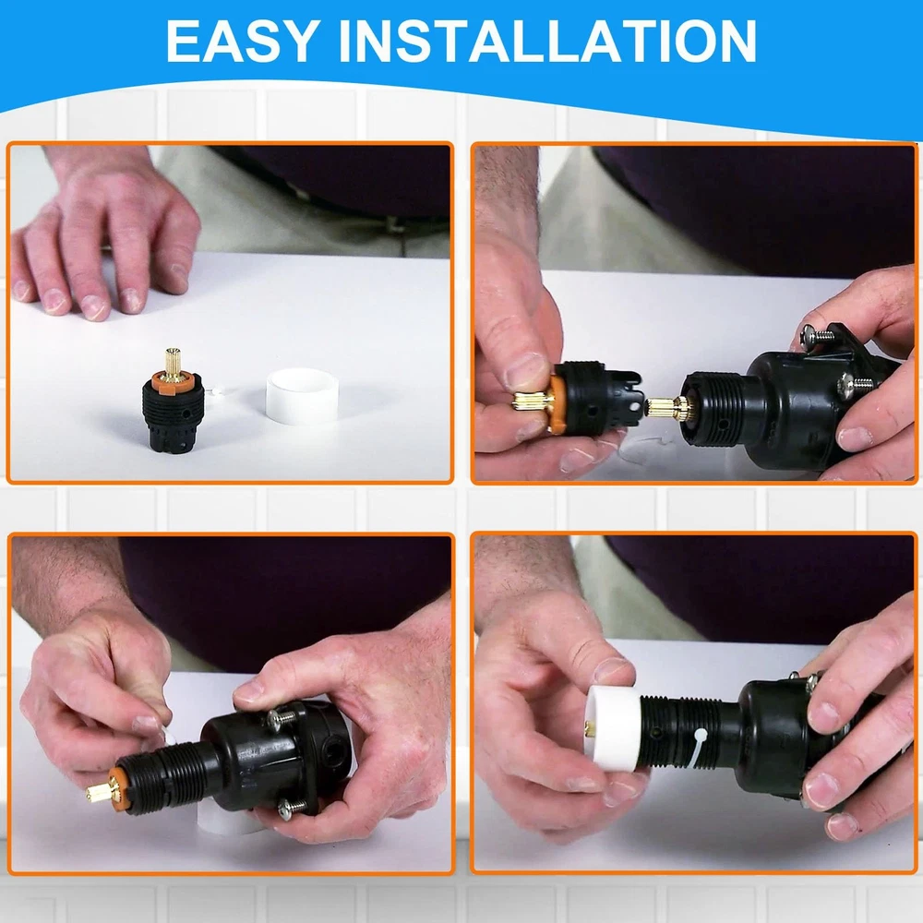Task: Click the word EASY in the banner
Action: pyautogui.click(x=243, y=41)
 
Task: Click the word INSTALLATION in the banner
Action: pyautogui.click(x=548, y=41)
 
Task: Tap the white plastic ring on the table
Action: pyautogui.click(x=302, y=394)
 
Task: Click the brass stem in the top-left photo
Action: pyautogui.click(x=173, y=361)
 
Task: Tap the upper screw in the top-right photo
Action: pyautogui.click(x=817, y=336)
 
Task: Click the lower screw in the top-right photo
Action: pyautogui.click(x=854, y=383)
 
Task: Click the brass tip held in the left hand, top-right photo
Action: pyautogui.click(x=532, y=401)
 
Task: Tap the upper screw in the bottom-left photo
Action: pyautogui.click(x=281, y=716)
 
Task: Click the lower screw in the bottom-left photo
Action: pyautogui.click(x=292, y=809)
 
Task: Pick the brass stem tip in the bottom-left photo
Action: pyautogui.click(x=99, y=791)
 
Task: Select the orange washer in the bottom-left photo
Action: pyautogui.click(x=119, y=787)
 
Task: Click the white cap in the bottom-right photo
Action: pyautogui.click(x=613, y=729)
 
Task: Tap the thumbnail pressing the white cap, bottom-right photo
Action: pyautogui.click(x=612, y=670)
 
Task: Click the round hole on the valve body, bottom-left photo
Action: pyautogui.click(x=334, y=751)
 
